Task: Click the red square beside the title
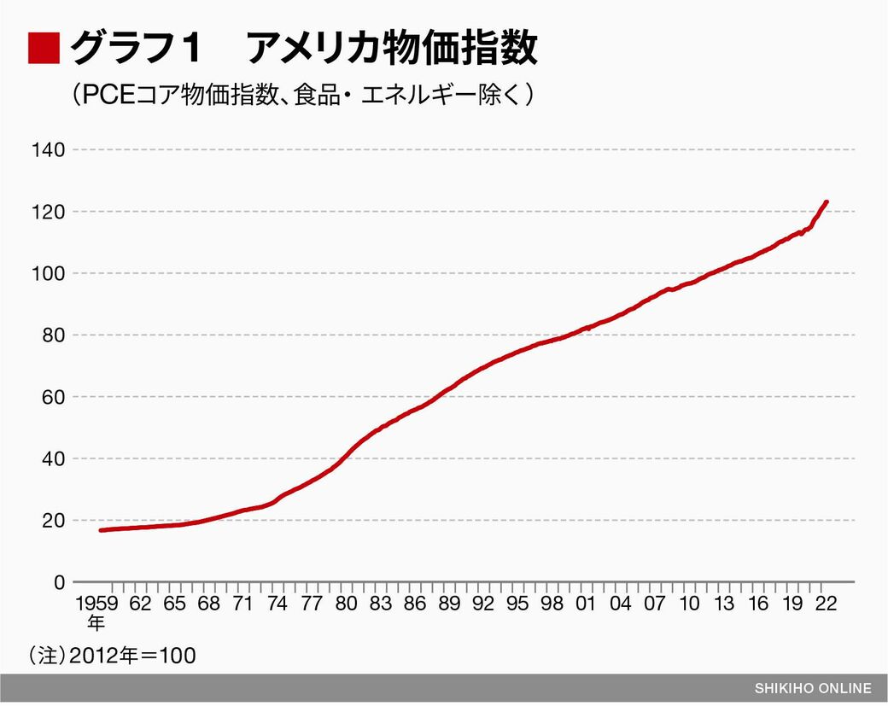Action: click(44, 49)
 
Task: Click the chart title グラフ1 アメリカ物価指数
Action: click(303, 49)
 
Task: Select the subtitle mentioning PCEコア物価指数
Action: click(303, 95)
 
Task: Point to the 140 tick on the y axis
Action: click(50, 150)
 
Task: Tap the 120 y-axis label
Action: click(50, 212)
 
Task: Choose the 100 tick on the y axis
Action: click(50, 274)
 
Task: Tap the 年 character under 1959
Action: click(97, 621)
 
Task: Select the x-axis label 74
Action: click(277, 604)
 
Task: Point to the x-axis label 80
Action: click(346, 604)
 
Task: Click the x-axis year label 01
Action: click(586, 604)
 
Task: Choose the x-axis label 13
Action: click(723, 604)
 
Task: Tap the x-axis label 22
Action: click(826, 604)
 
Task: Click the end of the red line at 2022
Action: click(826, 202)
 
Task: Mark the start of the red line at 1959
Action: click(101, 530)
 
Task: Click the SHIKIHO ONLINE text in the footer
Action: click(813, 688)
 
